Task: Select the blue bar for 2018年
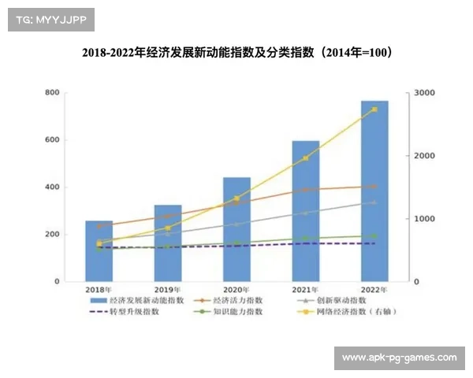tap(99, 251)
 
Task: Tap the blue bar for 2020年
tap(236, 229)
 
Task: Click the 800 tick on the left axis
tap(52, 93)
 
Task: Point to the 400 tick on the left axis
tap(52, 187)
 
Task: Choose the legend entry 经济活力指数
tap(236, 300)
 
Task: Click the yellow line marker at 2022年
tap(374, 109)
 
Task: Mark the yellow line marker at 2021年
tap(306, 158)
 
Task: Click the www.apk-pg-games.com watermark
tap(399, 358)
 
